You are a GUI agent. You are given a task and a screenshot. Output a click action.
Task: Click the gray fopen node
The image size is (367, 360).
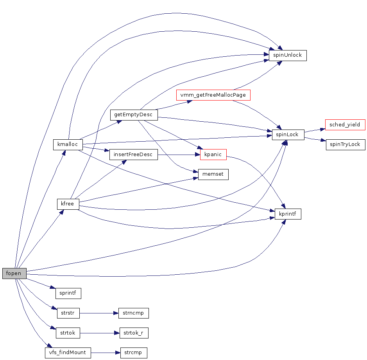click(x=14, y=273)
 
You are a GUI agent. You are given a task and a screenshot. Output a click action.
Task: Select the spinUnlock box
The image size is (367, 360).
click(x=287, y=55)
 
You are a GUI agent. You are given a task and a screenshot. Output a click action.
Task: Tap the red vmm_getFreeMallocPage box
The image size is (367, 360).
click(x=213, y=95)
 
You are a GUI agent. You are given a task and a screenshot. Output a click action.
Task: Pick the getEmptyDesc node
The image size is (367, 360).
click(x=134, y=115)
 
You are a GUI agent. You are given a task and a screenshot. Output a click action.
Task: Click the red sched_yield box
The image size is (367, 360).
click(x=345, y=125)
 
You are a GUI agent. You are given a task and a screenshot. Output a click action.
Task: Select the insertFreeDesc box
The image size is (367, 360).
click(x=133, y=155)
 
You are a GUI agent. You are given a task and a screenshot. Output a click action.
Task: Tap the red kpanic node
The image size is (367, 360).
click(x=213, y=155)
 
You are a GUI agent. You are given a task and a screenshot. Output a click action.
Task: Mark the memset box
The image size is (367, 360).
click(x=213, y=174)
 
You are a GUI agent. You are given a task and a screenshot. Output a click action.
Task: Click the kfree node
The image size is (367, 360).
click(x=68, y=204)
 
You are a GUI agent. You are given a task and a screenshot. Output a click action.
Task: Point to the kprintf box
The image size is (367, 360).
click(x=288, y=214)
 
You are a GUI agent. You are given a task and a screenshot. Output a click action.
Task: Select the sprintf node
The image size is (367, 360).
click(x=68, y=293)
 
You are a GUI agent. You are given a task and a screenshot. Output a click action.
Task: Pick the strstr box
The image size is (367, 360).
click(x=68, y=313)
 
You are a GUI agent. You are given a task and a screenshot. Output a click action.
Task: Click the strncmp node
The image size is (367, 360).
click(x=133, y=313)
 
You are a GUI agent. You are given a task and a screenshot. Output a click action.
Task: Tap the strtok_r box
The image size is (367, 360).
click(x=133, y=333)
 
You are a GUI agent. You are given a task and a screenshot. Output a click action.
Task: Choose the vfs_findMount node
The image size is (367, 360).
click(x=68, y=353)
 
